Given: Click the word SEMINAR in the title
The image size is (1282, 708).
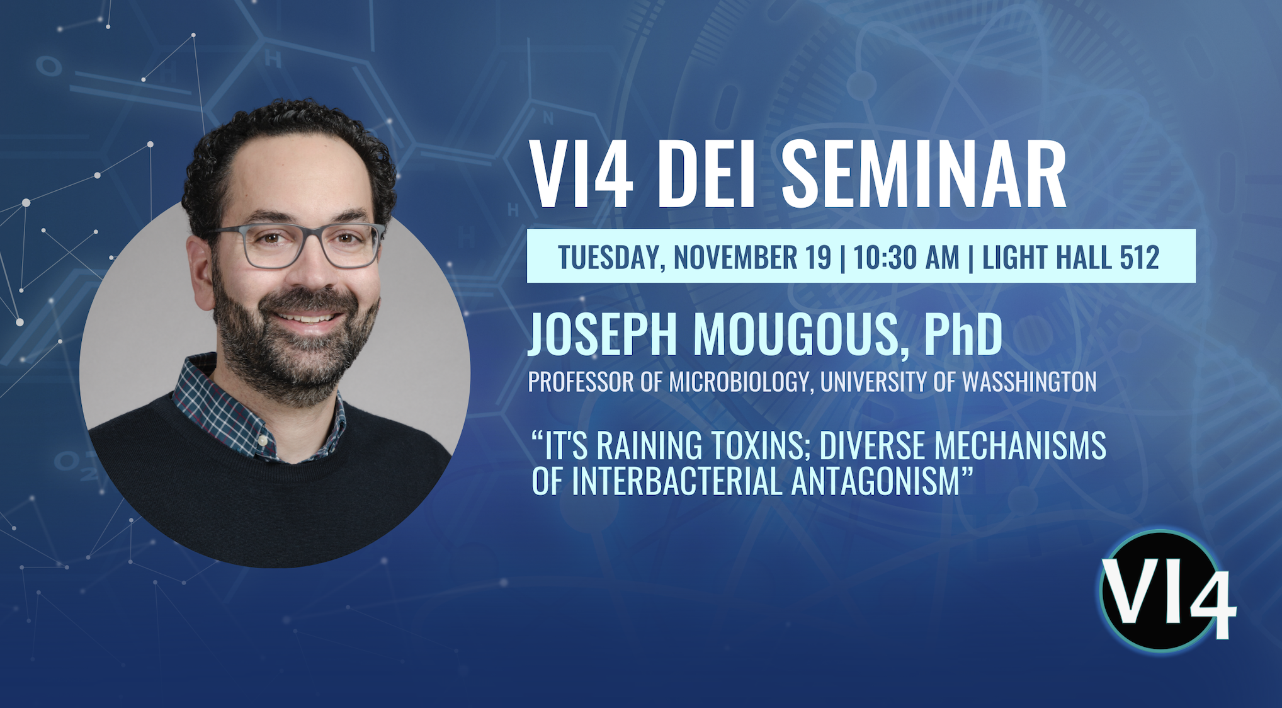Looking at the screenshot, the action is coord(924,174).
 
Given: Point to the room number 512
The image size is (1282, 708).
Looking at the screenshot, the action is coord(1140,257).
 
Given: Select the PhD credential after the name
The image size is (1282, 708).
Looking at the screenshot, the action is coord(963,334).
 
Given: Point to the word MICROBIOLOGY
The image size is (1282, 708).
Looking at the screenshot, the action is coord(740,382).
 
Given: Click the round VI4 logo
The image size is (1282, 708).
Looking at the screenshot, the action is coord(1165,591).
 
